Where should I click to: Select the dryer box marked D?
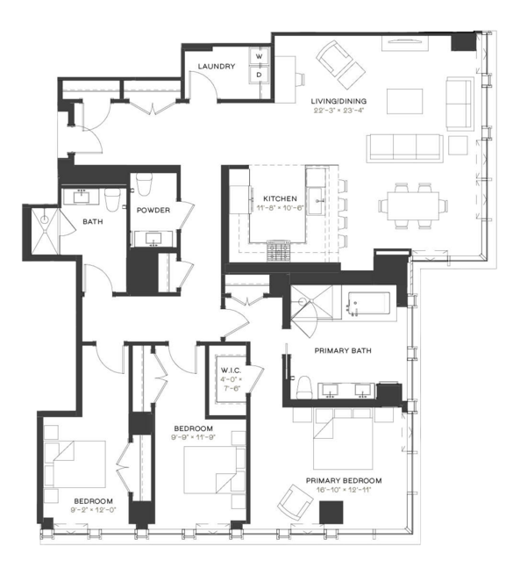(260, 75)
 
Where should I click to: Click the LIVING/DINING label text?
(338, 102)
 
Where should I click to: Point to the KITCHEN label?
(280, 198)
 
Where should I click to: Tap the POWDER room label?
(153, 210)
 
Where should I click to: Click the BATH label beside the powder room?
(93, 222)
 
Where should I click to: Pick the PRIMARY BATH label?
(343, 351)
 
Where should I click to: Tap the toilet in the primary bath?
(303, 386)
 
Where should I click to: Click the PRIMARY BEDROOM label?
(344, 481)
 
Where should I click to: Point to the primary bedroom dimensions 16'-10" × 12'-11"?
(344, 492)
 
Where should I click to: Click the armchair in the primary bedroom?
(293, 504)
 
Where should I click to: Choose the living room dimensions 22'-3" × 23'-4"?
(338, 111)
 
